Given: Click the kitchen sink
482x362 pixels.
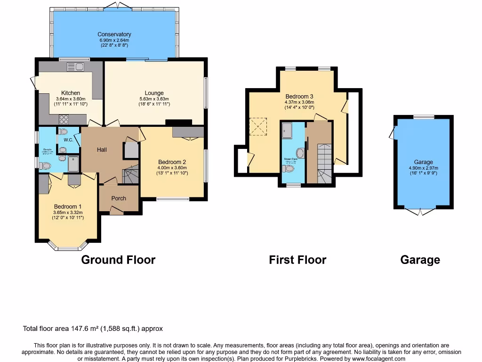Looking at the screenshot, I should (75, 66).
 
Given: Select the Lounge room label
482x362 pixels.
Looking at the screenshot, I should (154, 93).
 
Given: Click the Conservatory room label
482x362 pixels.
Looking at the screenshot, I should (114, 34).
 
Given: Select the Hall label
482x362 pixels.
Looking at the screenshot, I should (102, 150).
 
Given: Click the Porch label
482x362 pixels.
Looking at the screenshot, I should (119, 198).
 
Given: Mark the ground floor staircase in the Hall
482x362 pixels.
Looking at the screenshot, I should (130, 174).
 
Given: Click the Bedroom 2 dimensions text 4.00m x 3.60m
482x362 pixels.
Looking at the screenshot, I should (172, 168).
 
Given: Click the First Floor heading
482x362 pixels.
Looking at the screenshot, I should (297, 260).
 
